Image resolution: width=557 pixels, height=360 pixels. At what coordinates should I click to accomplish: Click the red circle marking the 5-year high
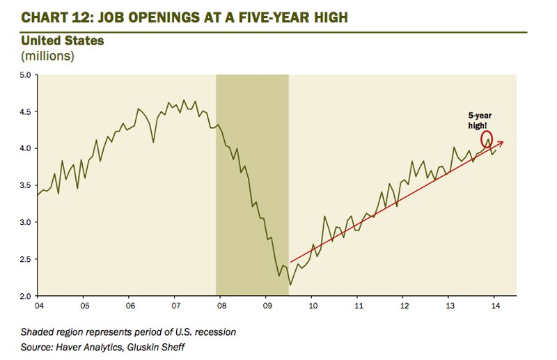487,138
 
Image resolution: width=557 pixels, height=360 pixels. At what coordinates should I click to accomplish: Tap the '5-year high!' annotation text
480,120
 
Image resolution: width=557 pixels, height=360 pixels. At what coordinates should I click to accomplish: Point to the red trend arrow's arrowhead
501,143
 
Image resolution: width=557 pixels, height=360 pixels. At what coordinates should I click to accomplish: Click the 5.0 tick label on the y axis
24,75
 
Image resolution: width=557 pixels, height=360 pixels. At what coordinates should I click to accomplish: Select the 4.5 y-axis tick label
24,111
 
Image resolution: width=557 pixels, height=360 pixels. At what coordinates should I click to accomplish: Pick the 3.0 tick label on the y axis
24,222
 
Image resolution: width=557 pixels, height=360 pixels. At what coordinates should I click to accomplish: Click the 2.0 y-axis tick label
24,296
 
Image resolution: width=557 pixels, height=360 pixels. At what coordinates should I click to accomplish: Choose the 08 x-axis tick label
221,305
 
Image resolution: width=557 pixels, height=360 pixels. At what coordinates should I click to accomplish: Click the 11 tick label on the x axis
358,305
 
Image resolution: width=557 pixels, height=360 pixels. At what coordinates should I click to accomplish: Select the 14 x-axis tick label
494,305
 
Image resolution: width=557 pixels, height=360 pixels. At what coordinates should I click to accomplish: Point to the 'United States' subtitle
63,41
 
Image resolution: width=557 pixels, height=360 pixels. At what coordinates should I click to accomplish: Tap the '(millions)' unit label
49,55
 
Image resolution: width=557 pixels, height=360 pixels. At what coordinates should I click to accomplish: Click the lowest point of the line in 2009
290,285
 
